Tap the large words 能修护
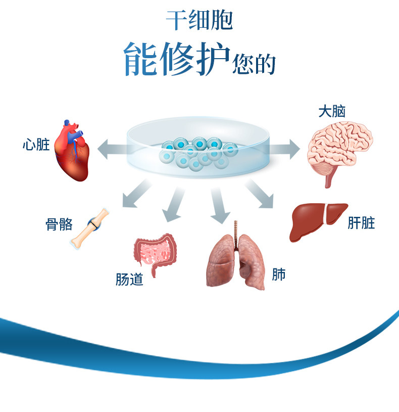pos(176,60)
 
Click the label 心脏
pos(36,145)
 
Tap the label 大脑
pos(331,111)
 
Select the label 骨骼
pos(60,224)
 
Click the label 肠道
pos(129,279)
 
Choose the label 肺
pos(279,274)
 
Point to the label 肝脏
pos(362,222)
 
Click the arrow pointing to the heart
pos(111,149)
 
